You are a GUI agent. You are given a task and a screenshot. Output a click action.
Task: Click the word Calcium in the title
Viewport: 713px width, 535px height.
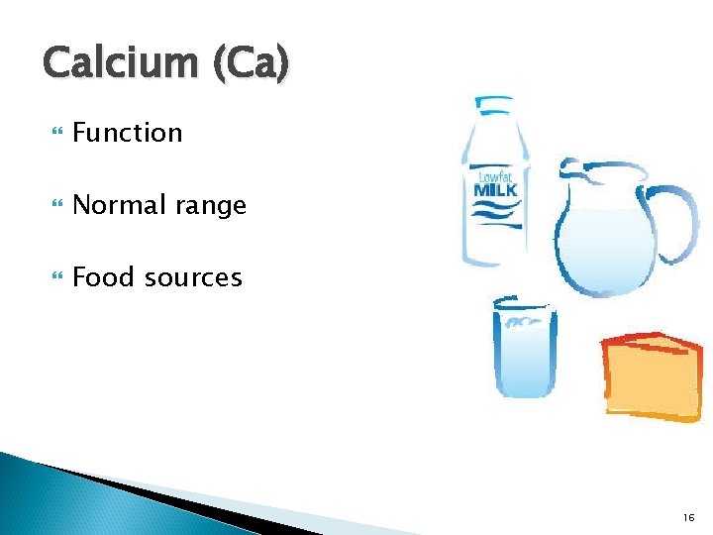pos(120,62)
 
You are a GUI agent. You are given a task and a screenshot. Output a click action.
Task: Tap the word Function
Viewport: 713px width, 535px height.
pos(128,133)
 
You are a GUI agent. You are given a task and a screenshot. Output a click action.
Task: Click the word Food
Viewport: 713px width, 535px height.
pos(104,277)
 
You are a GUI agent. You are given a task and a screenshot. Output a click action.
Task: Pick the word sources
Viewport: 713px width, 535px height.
pos(193,278)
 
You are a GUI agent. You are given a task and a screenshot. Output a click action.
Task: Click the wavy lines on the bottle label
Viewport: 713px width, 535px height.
pos(495,212)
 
